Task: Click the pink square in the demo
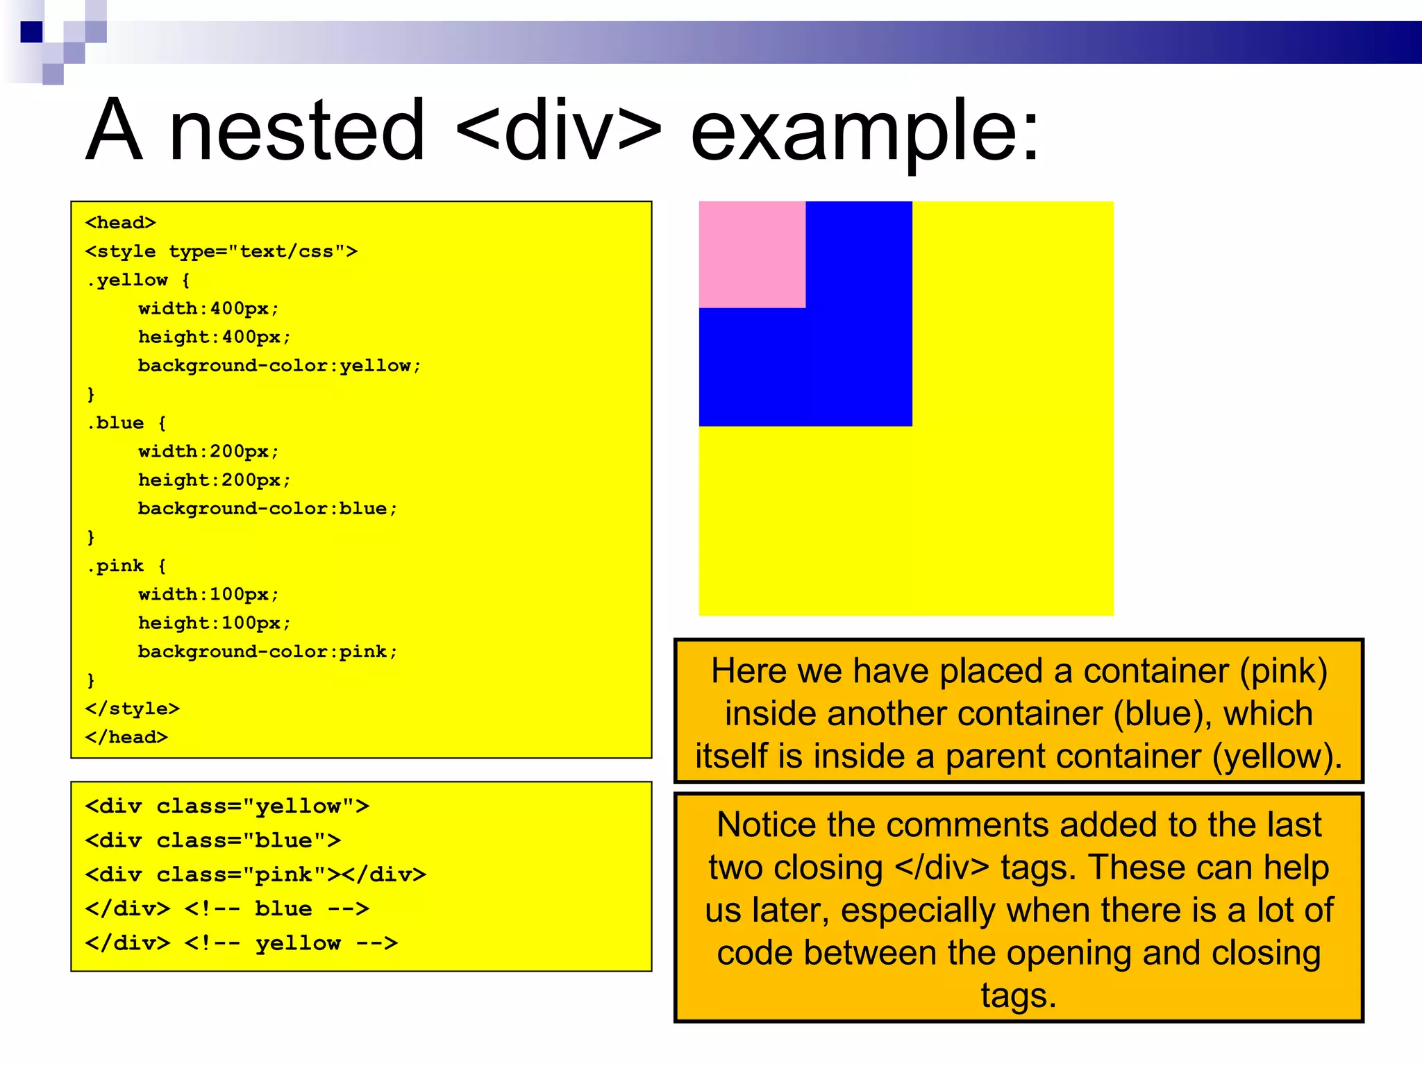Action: coord(752,254)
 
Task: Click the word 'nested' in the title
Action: coord(296,130)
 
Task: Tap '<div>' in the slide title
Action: coord(560,130)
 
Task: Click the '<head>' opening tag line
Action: coord(121,223)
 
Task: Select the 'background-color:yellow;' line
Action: coord(279,366)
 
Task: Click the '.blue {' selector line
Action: coord(126,423)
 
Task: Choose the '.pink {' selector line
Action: coord(126,566)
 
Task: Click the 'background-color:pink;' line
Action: coord(267,652)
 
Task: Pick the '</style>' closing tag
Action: coord(133,709)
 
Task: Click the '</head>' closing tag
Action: coord(126,737)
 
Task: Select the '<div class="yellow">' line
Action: coord(227,806)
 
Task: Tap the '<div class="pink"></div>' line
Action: coord(256,874)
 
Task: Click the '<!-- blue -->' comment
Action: coord(277,908)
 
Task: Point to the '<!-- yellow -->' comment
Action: coord(292,943)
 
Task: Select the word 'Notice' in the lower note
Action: coord(767,825)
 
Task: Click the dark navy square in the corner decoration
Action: coord(31,32)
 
